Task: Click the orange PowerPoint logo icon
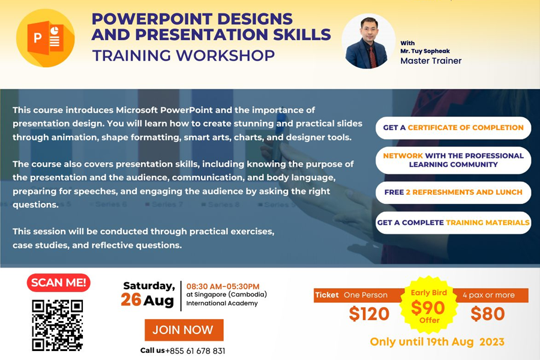[x=46, y=38]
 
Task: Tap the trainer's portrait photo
[x=368, y=41]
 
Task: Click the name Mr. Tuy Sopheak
[x=425, y=51]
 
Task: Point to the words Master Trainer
[x=431, y=61]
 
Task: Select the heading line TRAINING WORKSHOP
[x=184, y=55]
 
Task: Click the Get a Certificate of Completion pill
[x=453, y=128]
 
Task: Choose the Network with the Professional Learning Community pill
[x=453, y=160]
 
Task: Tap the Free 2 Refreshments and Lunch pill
[x=453, y=192]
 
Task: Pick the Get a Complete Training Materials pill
[x=453, y=223]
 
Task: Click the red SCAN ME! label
[x=59, y=283]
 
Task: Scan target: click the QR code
[x=58, y=325]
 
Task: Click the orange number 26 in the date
[x=131, y=300]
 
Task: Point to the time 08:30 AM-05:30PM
[x=223, y=286]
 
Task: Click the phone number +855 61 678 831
[x=195, y=351]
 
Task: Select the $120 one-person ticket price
[x=369, y=314]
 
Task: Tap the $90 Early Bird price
[x=427, y=308]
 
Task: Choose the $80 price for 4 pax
[x=488, y=314]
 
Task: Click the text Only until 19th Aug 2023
[x=437, y=342]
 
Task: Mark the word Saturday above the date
[x=149, y=286]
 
